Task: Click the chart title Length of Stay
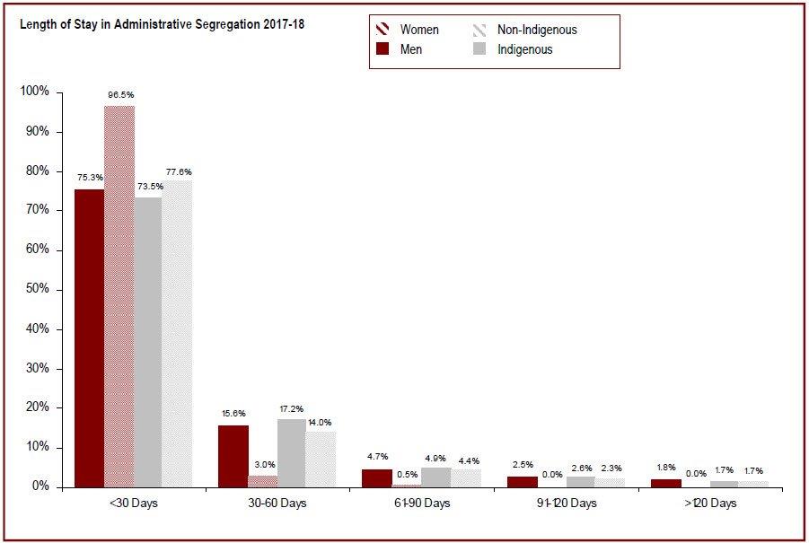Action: pyautogui.click(x=162, y=25)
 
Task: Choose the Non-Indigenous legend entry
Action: pyautogui.click(x=537, y=31)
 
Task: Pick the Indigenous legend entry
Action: pyautogui.click(x=525, y=50)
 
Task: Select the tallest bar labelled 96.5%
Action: pyautogui.click(x=119, y=296)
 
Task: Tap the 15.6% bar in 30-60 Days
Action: pyautogui.click(x=233, y=456)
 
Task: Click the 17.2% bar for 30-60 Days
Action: pyautogui.click(x=291, y=452)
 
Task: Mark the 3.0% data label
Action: pyautogui.click(x=263, y=465)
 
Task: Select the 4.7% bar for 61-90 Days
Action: pyautogui.click(x=377, y=477)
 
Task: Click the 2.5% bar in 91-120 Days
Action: pyautogui.click(x=521, y=482)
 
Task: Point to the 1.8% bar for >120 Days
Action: pyautogui.click(x=666, y=483)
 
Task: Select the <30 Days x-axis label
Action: pyautogui.click(x=133, y=504)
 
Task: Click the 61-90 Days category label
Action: pyautogui.click(x=421, y=504)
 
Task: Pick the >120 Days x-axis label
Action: pyautogui.click(x=709, y=504)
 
